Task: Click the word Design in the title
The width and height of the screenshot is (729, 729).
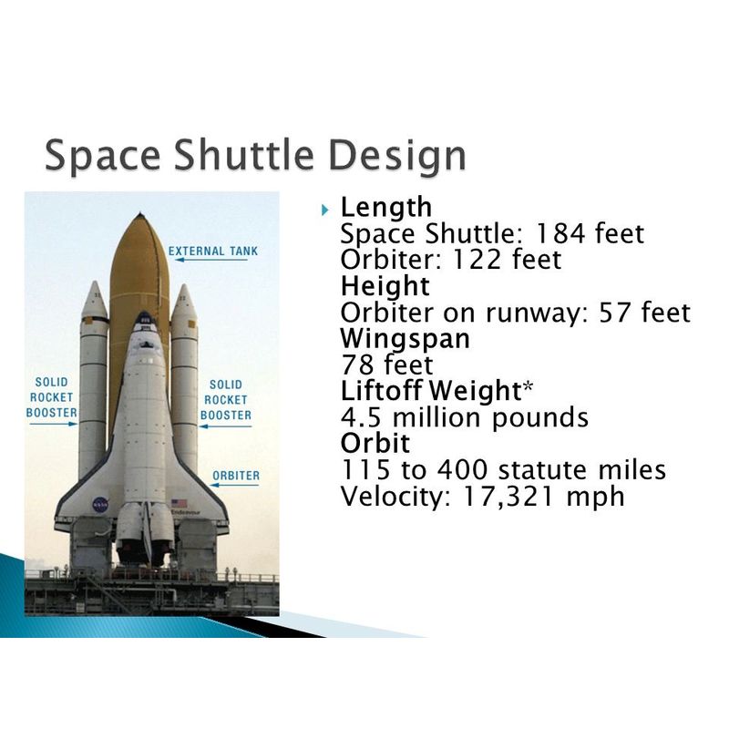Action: pyautogui.click(x=397, y=156)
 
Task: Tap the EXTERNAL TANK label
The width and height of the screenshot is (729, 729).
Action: pyautogui.click(x=213, y=252)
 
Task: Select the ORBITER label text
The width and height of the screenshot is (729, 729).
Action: pyautogui.click(x=236, y=476)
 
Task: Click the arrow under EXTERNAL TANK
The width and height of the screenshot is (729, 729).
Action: pyautogui.click(x=210, y=260)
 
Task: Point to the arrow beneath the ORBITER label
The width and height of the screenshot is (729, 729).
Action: pyautogui.click(x=234, y=485)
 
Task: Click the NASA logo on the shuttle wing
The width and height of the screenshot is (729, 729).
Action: pyautogui.click(x=100, y=505)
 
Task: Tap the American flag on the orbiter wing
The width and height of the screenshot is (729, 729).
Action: pyautogui.click(x=179, y=503)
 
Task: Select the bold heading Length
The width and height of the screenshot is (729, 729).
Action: pyautogui.click(x=385, y=207)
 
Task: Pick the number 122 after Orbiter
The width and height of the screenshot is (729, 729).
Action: pyautogui.click(x=477, y=260)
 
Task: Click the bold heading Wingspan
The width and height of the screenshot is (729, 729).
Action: pyautogui.click(x=405, y=339)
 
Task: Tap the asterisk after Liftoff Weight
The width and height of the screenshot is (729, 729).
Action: pyautogui.click(x=528, y=386)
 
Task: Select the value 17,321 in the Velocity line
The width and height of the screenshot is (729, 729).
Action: pyautogui.click(x=508, y=497)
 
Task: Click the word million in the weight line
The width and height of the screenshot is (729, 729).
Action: pyautogui.click(x=436, y=417)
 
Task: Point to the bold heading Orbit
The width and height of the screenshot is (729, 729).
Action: pyautogui.click(x=375, y=443)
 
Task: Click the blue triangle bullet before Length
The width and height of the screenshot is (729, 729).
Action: pyautogui.click(x=325, y=210)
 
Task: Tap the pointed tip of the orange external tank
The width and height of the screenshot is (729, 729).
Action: pyautogui.click(x=140, y=214)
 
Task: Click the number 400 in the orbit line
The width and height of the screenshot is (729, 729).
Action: pyautogui.click(x=462, y=470)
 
